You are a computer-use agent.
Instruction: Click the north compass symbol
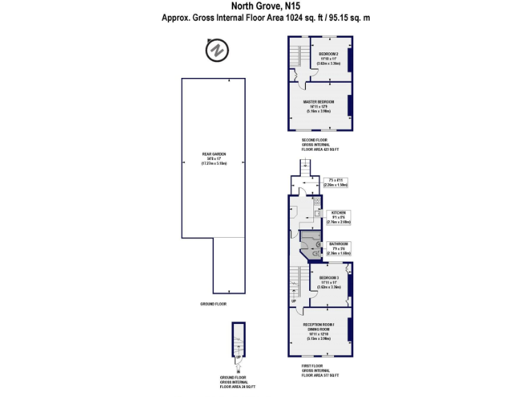[x=218, y=50]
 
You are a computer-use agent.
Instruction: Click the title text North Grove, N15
[x=266, y=6]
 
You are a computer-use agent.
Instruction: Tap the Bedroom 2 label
[x=328, y=57]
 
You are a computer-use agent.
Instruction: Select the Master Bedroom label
[x=318, y=105]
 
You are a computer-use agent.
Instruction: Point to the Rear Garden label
[x=213, y=158]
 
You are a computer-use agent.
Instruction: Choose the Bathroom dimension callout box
[x=338, y=248]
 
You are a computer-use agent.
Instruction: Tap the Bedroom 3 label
[x=329, y=281]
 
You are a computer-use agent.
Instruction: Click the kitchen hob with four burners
[x=317, y=203]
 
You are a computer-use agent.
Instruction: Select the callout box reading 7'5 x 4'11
[x=335, y=183]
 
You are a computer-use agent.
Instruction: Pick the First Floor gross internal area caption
[x=320, y=371]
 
